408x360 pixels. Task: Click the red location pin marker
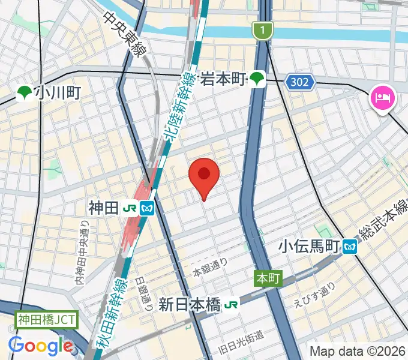pyautogui.click(x=204, y=176)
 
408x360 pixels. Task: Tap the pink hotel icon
pyautogui.click(x=382, y=97)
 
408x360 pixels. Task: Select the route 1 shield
pyautogui.click(x=262, y=30)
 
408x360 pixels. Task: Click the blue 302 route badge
pyautogui.click(x=301, y=83)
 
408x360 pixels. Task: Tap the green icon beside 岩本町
pyautogui.click(x=257, y=78)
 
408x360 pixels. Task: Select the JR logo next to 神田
pyautogui.click(x=129, y=209)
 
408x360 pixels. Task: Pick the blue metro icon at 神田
pyautogui.click(x=148, y=209)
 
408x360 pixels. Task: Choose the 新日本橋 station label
pyautogui.click(x=190, y=305)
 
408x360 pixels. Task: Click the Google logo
pyautogui.click(x=41, y=345)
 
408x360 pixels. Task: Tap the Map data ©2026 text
pyautogui.click(x=358, y=351)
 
